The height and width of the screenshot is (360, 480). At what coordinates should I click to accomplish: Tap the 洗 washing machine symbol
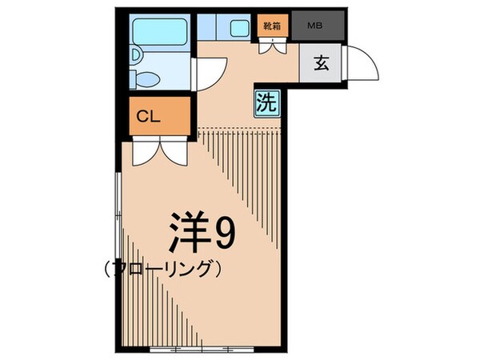point(266,102)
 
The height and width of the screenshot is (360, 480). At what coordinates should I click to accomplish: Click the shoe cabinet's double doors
point(272,45)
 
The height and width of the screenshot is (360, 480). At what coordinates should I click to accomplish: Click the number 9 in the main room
point(223,234)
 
